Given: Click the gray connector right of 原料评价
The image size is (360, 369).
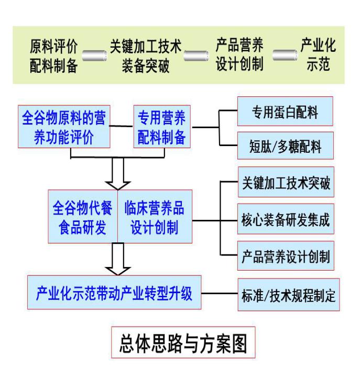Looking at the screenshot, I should [x=95, y=55].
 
